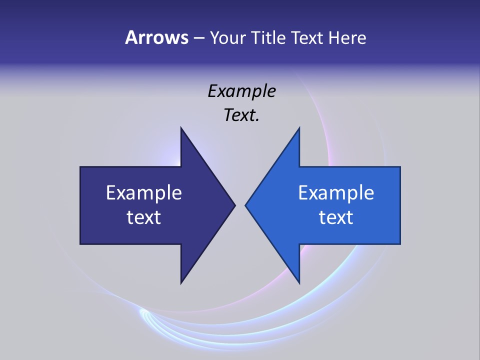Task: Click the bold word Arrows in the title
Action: pos(156,37)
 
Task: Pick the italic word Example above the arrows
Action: pos(241,91)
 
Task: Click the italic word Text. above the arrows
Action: pos(241,115)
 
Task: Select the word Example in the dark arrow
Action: pos(144,192)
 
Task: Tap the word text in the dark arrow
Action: pos(144,217)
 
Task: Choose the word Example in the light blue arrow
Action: pos(336,192)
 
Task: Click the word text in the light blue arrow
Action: pos(336,217)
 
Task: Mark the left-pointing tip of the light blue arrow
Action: pos(245,205)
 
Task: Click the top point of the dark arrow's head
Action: pos(181,128)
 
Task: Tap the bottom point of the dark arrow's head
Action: pos(181,283)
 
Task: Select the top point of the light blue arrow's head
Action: pos(299,128)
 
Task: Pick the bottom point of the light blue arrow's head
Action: pos(299,283)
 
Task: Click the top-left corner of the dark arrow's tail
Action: pos(80,167)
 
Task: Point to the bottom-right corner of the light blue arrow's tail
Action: pos(400,244)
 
